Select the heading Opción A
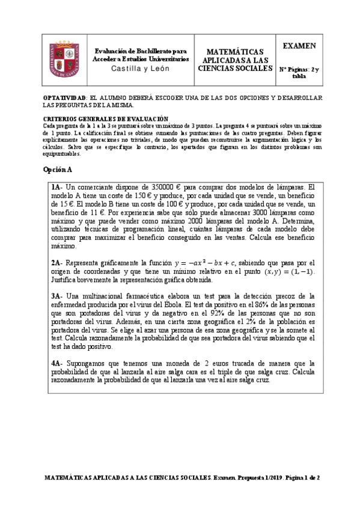click(58, 170)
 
